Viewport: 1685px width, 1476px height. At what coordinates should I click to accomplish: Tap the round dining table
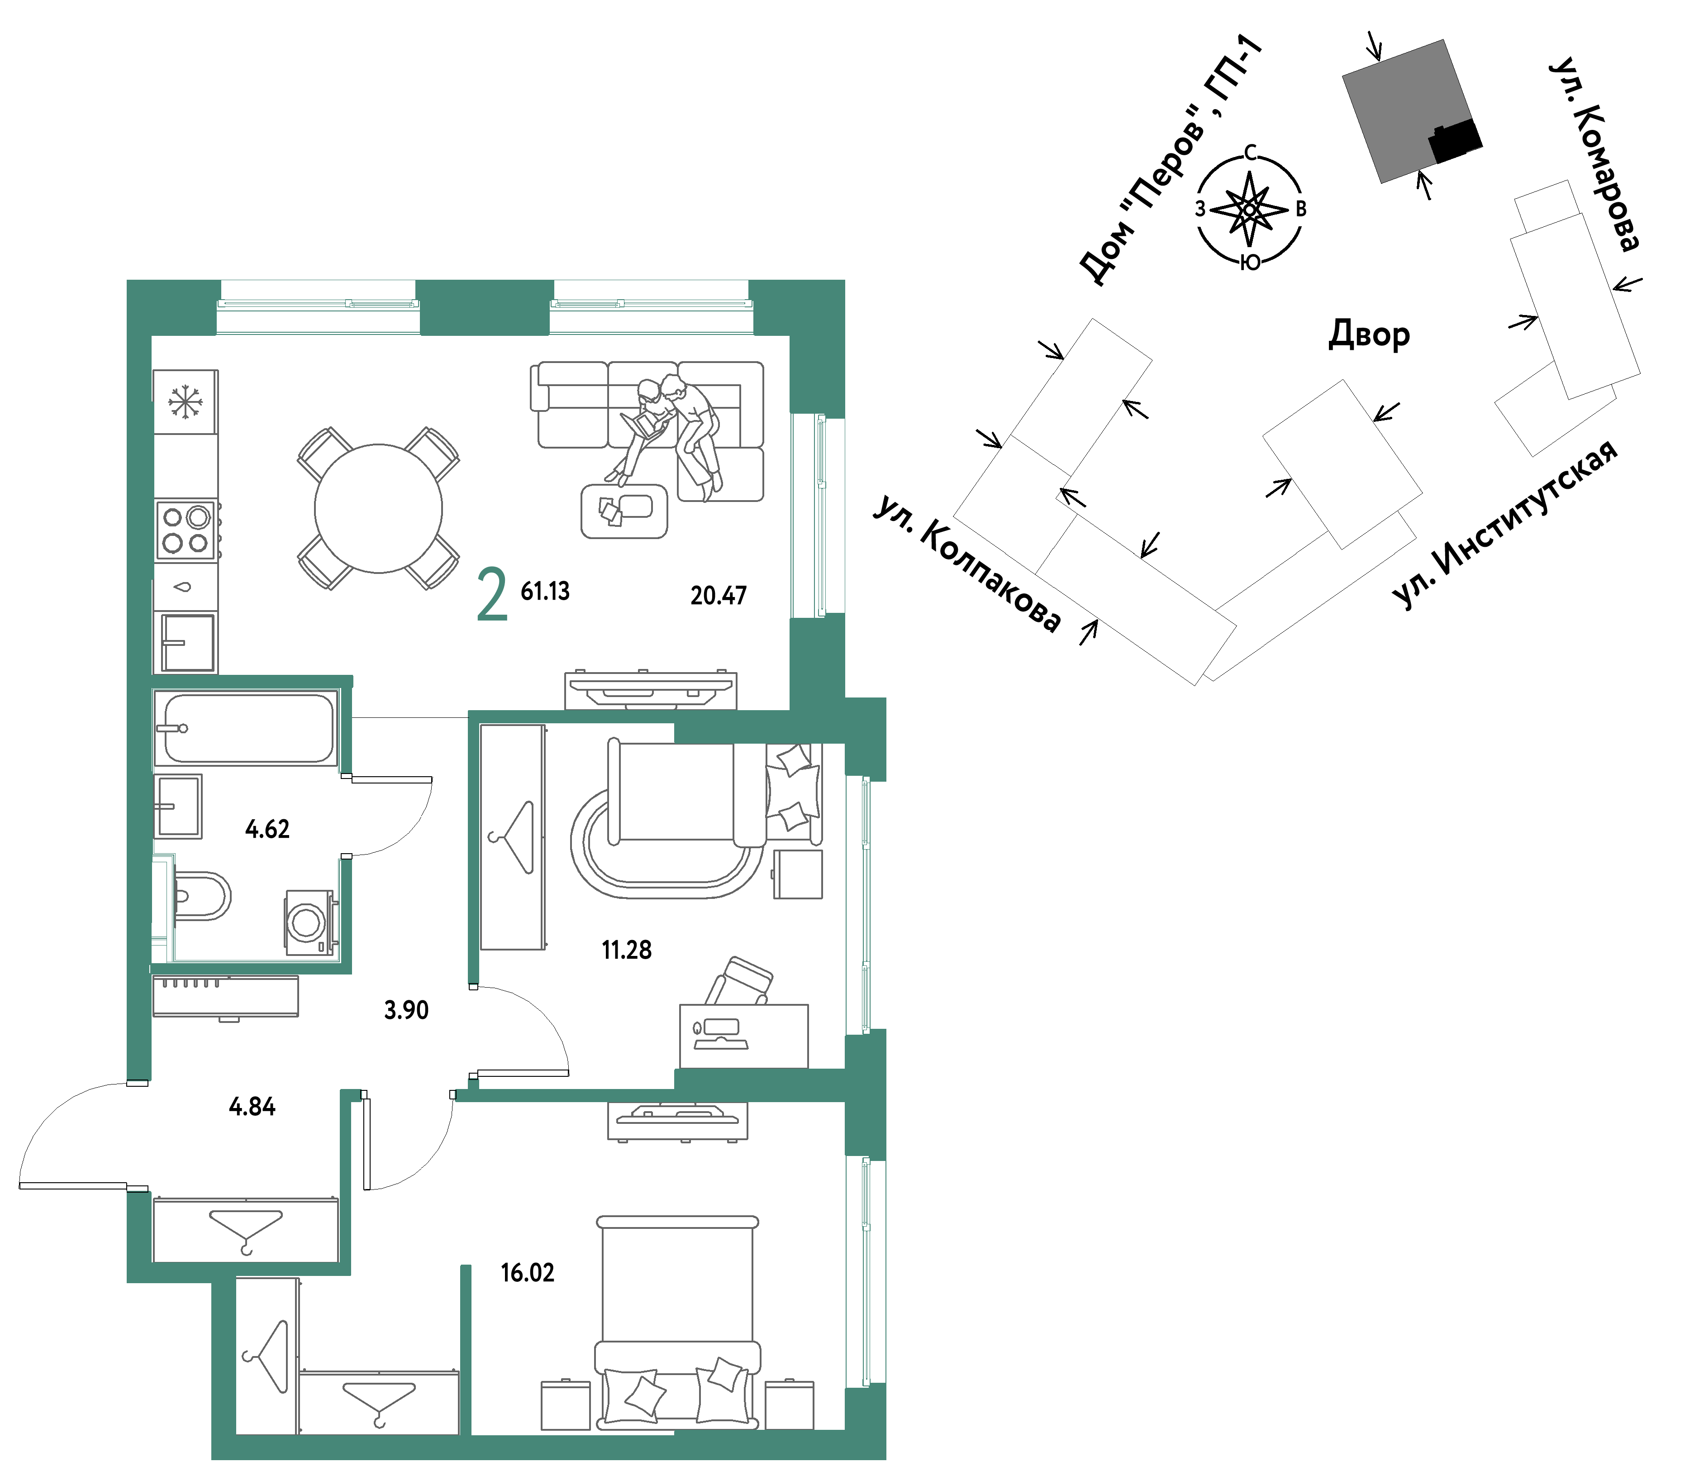click(379, 508)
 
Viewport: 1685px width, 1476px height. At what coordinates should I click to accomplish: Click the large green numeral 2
click(492, 595)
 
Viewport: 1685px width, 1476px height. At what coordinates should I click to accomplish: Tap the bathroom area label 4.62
click(267, 829)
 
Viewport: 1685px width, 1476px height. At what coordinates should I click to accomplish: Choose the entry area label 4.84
click(252, 1106)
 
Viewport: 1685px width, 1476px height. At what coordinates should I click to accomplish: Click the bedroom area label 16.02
click(528, 1273)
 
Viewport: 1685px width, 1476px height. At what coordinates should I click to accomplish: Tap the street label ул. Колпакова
click(968, 563)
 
